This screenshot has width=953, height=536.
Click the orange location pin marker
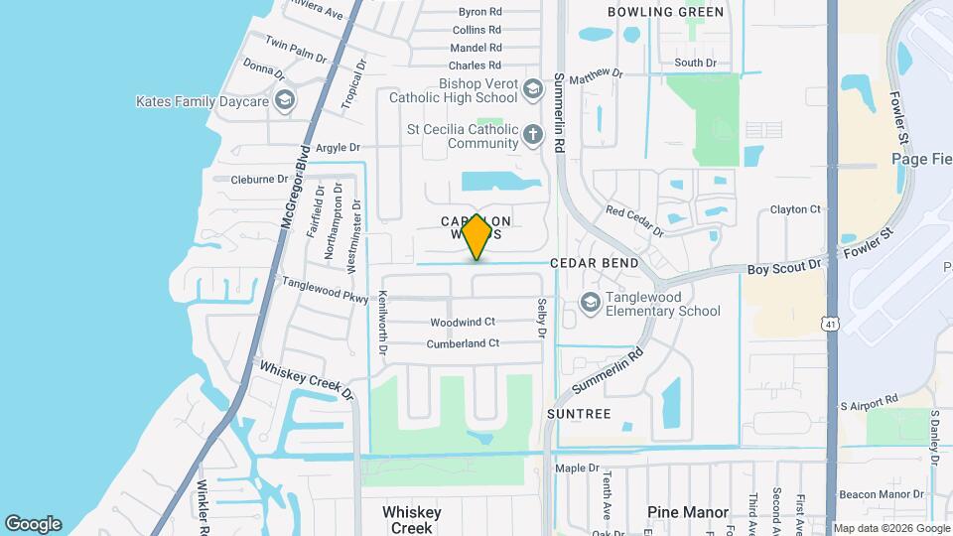tap(477, 237)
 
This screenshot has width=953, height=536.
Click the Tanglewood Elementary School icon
tap(590, 303)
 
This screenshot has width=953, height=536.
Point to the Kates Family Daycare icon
tap(285, 100)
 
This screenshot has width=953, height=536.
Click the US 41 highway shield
tap(829, 324)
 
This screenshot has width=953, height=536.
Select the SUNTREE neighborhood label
tap(578, 413)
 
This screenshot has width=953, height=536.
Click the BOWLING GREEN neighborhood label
tap(666, 13)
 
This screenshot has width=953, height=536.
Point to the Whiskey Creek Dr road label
tap(307, 380)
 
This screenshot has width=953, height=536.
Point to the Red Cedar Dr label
tap(634, 221)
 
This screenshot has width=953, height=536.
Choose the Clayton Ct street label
tap(796, 210)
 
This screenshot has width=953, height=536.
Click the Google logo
tap(33, 523)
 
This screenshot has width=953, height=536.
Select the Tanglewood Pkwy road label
tap(325, 289)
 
